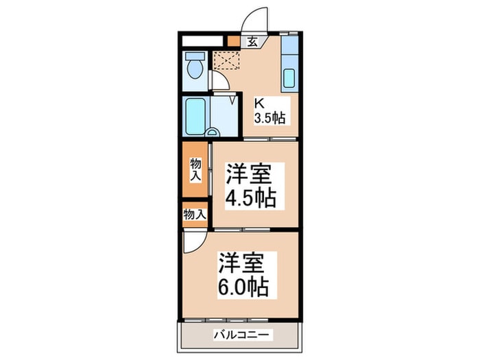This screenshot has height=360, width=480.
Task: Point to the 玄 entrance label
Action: click(252, 42)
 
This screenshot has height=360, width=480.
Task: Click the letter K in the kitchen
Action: click(259, 104)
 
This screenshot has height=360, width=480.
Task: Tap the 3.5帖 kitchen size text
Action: click(269, 117)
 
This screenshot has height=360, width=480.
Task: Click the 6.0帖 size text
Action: click(243, 285)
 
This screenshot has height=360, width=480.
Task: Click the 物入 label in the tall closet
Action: click(195, 169)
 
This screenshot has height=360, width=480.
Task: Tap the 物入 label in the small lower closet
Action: click(195, 214)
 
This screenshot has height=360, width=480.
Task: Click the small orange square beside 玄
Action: click(234, 41)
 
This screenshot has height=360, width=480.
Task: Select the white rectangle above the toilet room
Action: click(204, 40)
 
